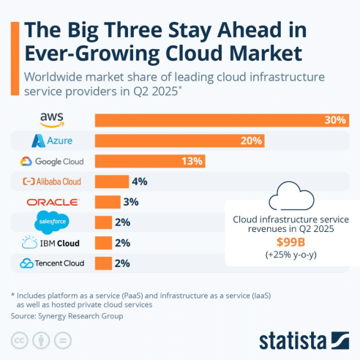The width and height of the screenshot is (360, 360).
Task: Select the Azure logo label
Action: [52, 140]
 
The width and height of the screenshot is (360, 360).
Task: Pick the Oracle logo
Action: [52, 202]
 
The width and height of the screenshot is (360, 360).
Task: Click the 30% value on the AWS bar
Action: [336, 120]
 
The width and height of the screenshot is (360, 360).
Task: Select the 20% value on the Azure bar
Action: [251, 140]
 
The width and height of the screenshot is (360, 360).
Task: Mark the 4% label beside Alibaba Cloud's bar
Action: [140, 181]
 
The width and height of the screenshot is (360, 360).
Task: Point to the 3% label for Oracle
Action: [132, 202]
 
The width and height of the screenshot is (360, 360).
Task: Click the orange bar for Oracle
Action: [108, 202]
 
